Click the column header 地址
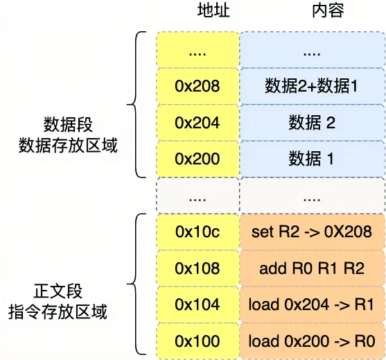coord(213,10)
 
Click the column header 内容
coord(328,10)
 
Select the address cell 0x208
coord(198,86)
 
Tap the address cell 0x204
coord(198,123)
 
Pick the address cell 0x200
coord(198,159)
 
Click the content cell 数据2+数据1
coord(312,86)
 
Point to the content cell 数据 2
coord(312,123)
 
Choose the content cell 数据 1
coord(312,159)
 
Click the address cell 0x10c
coord(198,232)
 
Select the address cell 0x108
coord(198,268)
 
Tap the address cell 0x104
coord(198,305)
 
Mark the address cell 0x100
coord(198,341)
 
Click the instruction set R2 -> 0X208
coord(312,232)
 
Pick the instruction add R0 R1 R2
coord(312,268)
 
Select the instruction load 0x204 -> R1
coord(312,305)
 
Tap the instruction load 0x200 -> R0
coord(312,341)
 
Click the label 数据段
coord(68,124)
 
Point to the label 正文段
coord(58,291)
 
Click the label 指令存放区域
coord(58,311)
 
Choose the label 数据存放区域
coord(68,145)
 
